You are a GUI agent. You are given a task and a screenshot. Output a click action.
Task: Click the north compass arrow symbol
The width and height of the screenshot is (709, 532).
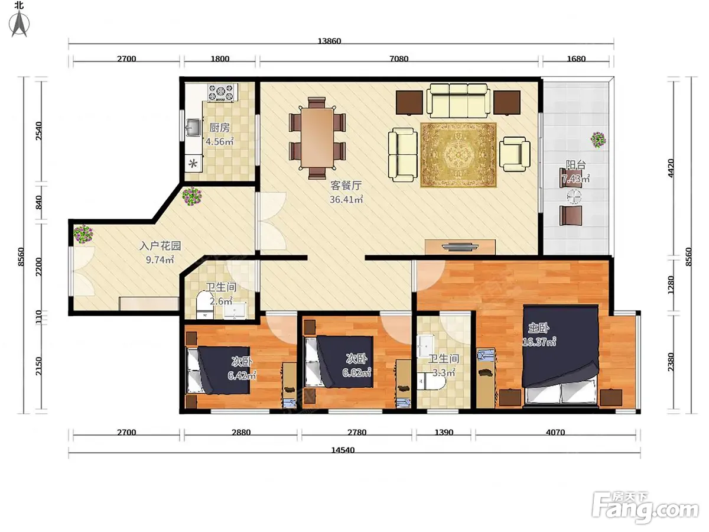(x=19, y=23)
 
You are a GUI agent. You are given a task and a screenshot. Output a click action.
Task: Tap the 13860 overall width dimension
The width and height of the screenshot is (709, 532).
(x=329, y=41)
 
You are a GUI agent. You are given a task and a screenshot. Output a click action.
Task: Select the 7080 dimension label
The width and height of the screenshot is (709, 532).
(x=399, y=59)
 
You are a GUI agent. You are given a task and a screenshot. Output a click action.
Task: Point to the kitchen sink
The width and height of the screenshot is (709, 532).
(x=193, y=128)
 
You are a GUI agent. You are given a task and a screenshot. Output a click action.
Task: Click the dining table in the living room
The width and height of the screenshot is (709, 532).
(x=317, y=138)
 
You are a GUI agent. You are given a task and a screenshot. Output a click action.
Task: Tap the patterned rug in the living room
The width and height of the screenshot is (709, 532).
(x=458, y=155)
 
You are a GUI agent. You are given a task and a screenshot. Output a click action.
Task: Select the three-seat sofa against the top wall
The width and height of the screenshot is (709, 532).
(x=458, y=100)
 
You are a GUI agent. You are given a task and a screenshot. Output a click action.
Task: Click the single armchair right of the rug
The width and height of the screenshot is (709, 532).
(x=515, y=154)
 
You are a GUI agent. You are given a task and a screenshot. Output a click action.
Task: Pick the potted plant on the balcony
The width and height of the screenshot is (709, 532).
(x=598, y=140)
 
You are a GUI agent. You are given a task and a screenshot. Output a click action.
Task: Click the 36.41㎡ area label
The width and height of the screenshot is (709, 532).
(x=346, y=199)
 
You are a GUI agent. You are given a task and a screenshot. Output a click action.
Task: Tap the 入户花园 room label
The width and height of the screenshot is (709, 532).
(x=160, y=246)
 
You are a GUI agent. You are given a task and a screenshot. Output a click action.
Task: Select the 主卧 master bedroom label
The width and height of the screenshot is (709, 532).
(x=538, y=328)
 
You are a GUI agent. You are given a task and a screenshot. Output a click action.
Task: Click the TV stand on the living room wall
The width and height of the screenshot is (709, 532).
(x=460, y=247)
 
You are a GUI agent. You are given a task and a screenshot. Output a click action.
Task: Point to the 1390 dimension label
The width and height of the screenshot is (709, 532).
(x=444, y=432)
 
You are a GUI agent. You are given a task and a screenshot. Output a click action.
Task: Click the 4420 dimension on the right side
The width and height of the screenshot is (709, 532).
(x=670, y=168)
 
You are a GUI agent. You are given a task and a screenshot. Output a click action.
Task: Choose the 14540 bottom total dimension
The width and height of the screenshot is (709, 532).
(x=343, y=450)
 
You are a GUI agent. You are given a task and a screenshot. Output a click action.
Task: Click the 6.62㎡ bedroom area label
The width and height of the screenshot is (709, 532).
(x=357, y=373)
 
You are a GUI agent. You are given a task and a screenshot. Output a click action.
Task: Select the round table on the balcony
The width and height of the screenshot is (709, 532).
(x=574, y=197)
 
